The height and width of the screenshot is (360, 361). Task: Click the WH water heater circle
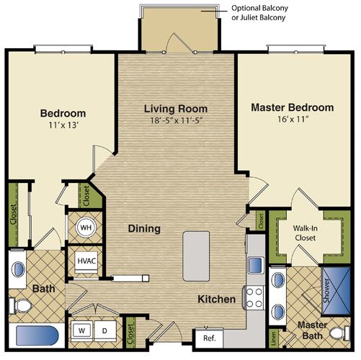tap(86, 228)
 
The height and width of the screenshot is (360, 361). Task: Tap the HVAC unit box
tap(86, 262)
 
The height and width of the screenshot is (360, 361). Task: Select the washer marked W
tap(81, 331)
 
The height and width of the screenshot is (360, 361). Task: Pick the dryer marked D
tap(105, 331)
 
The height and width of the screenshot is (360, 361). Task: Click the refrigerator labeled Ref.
tap(209, 338)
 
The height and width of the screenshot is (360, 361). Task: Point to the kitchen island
tap(196, 256)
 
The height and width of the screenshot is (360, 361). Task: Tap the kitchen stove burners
tap(254, 298)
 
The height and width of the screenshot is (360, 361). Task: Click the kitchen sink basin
tap(255, 265)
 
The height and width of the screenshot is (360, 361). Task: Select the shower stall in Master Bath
tap(336, 291)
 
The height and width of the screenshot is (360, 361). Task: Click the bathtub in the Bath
tap(37, 336)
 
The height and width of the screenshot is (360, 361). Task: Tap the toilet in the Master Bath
tap(340, 333)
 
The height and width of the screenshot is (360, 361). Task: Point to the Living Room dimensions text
tap(176, 120)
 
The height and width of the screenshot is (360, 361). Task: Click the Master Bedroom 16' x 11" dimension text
tap(293, 119)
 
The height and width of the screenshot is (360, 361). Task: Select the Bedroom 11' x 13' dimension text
tap(63, 125)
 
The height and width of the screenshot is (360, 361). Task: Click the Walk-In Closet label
tap(305, 233)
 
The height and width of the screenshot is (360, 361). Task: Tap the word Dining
tap(144, 228)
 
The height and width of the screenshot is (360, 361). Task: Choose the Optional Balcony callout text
tap(259, 12)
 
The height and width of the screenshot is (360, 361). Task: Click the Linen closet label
tap(274, 338)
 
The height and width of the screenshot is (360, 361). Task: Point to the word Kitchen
tap(216, 300)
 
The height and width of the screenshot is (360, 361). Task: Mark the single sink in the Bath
tap(18, 269)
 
